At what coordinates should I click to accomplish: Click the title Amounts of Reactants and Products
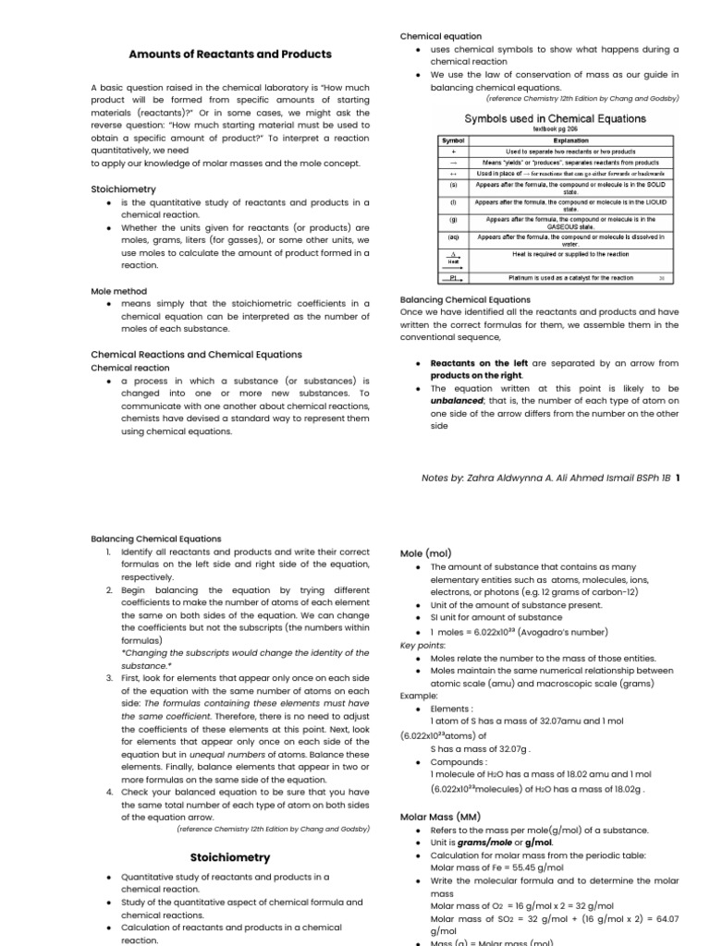click(x=229, y=55)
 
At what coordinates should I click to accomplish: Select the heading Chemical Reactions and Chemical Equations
click(x=196, y=354)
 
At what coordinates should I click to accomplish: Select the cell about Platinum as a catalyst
click(x=570, y=277)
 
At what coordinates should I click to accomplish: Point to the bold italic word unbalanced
click(x=461, y=401)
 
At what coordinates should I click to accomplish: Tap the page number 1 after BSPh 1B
click(x=679, y=478)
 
